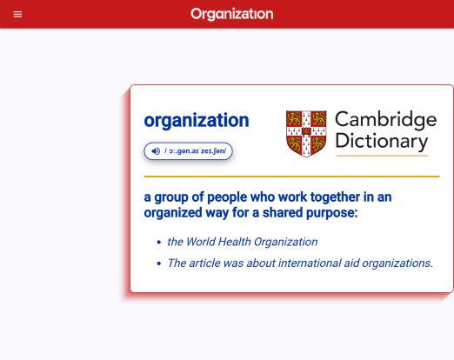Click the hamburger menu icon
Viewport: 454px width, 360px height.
point(17,14)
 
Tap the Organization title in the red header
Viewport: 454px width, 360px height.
point(232,14)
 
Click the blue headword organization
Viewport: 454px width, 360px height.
point(197,120)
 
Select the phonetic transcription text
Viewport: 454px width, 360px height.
point(196,151)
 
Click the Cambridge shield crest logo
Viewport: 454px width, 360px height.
point(306,134)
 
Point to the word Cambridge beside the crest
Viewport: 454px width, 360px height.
point(385,120)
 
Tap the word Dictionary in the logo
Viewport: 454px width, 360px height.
point(382,141)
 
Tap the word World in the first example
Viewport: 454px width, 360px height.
point(200,242)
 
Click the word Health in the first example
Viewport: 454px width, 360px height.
point(234,242)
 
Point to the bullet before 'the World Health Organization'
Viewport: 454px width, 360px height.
point(158,242)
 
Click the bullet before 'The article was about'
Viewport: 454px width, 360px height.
point(158,263)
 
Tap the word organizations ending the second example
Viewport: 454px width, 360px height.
point(397,263)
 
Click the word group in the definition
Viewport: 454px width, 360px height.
point(171,198)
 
